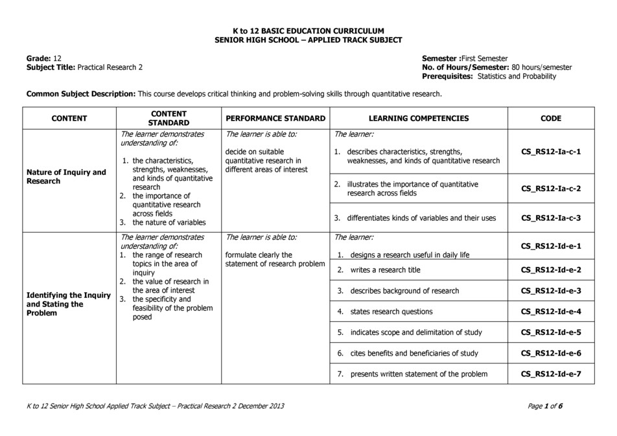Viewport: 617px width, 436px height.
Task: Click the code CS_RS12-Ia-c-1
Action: (x=551, y=152)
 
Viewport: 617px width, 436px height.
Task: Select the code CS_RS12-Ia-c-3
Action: (x=551, y=218)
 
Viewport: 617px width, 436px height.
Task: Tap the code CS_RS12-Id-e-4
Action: (x=551, y=312)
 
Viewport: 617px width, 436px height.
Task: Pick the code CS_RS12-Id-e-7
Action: (x=551, y=374)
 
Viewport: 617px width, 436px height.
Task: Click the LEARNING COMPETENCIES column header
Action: (x=418, y=119)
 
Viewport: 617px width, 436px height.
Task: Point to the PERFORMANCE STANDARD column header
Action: (x=275, y=119)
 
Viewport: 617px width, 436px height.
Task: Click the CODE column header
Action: (x=551, y=119)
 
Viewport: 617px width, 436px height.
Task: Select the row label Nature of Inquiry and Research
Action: (x=66, y=177)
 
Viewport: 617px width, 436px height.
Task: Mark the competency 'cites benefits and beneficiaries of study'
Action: (x=414, y=353)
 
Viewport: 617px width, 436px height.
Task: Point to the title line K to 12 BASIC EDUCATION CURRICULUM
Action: (x=308, y=30)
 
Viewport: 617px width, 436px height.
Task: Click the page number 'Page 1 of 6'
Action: (x=546, y=406)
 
